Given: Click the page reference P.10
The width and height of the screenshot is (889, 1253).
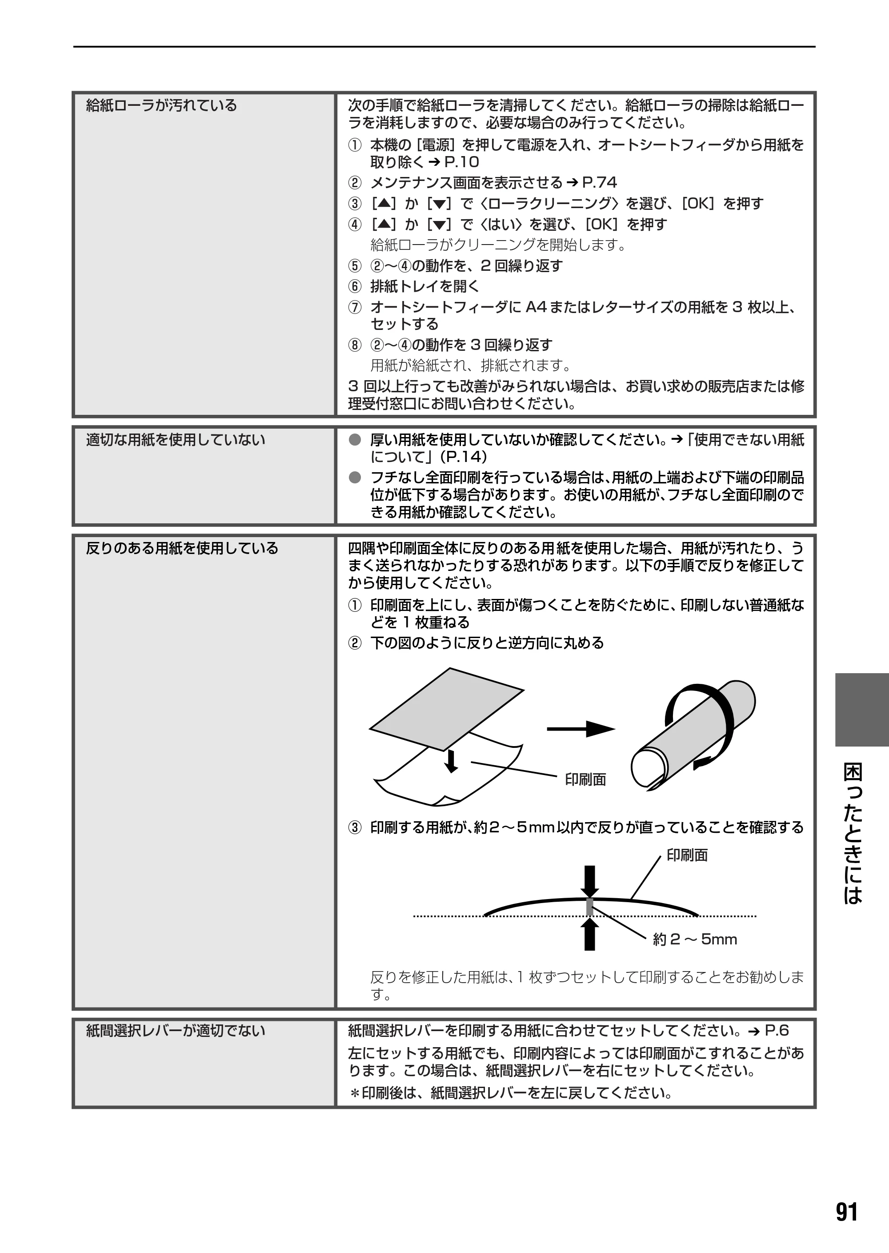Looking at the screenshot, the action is (461, 162).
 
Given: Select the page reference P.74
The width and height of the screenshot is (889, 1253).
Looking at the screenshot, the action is (600, 182).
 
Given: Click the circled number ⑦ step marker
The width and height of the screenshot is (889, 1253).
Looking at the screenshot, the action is (355, 307).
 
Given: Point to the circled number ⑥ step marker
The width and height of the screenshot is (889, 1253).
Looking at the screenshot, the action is (355, 286).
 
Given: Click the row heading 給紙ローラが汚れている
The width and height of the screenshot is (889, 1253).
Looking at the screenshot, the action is (161, 105).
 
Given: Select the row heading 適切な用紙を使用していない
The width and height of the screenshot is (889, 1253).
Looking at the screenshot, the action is (175, 440).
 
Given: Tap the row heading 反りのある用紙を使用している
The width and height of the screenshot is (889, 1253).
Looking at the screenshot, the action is (182, 548).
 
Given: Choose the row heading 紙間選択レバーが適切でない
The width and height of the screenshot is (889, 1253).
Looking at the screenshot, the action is (175, 1031).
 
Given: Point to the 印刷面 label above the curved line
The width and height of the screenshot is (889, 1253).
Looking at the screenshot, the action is (687, 855).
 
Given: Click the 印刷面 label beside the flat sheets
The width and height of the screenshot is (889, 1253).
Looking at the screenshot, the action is (585, 780).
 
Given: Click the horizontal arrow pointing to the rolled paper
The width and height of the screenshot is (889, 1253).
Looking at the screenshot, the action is (581, 729).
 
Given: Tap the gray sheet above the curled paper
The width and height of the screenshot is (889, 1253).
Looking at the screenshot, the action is (447, 709).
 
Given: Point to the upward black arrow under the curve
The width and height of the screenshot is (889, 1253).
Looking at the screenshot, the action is (589, 934).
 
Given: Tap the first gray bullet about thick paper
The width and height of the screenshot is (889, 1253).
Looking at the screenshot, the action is (355, 440).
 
